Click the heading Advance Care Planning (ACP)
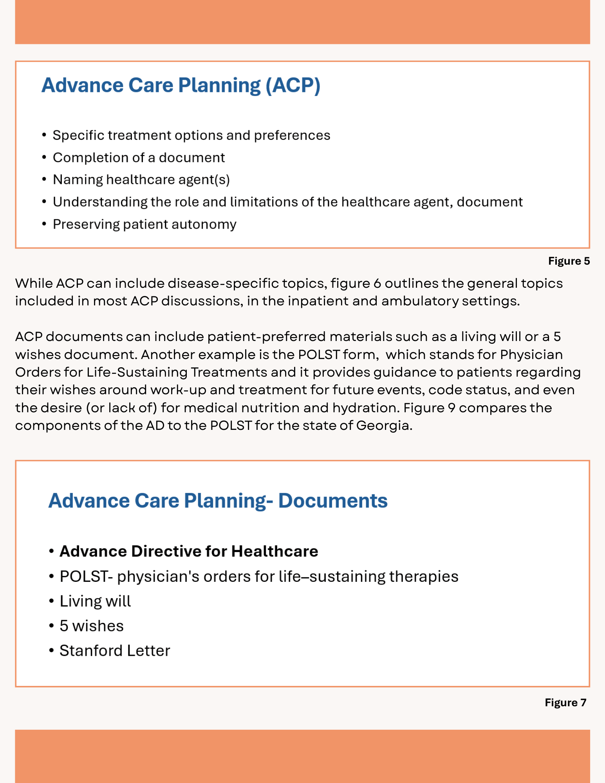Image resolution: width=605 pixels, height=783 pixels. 181,85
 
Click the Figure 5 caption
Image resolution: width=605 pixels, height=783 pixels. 569,261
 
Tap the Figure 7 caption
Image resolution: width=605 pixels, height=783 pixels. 565,702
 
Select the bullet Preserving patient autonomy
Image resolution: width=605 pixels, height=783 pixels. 144,224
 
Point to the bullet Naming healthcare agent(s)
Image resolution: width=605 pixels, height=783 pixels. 141,180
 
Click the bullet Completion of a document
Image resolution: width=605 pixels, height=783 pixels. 139,158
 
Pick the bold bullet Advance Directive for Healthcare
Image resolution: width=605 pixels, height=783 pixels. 188,551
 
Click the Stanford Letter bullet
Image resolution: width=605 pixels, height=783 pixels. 115,651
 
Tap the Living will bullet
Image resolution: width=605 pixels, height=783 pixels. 95,601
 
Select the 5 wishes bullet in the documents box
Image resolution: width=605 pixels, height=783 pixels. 92,626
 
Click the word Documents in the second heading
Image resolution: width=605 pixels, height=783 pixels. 333,501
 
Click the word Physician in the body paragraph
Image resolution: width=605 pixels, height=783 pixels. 531,355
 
